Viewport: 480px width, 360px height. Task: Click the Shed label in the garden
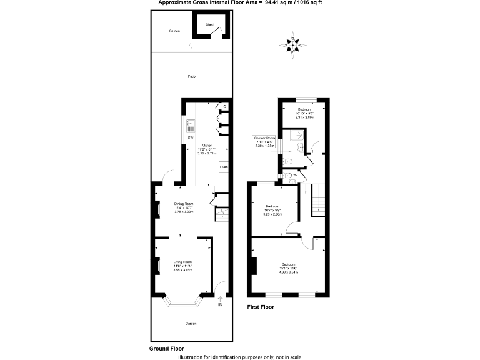210,25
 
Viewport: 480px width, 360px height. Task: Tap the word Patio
192,76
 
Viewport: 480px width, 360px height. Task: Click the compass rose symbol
293,42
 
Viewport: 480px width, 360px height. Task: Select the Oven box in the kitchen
223,167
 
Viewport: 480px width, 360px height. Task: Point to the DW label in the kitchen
191,137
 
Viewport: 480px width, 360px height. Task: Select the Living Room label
182,262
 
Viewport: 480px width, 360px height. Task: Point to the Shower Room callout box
264,142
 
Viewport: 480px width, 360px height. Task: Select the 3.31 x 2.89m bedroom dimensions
305,117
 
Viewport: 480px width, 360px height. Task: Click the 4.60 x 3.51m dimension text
288,272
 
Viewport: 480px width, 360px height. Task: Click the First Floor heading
261,307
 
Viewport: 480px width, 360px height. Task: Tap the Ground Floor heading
166,348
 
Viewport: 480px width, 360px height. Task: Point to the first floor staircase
319,199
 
